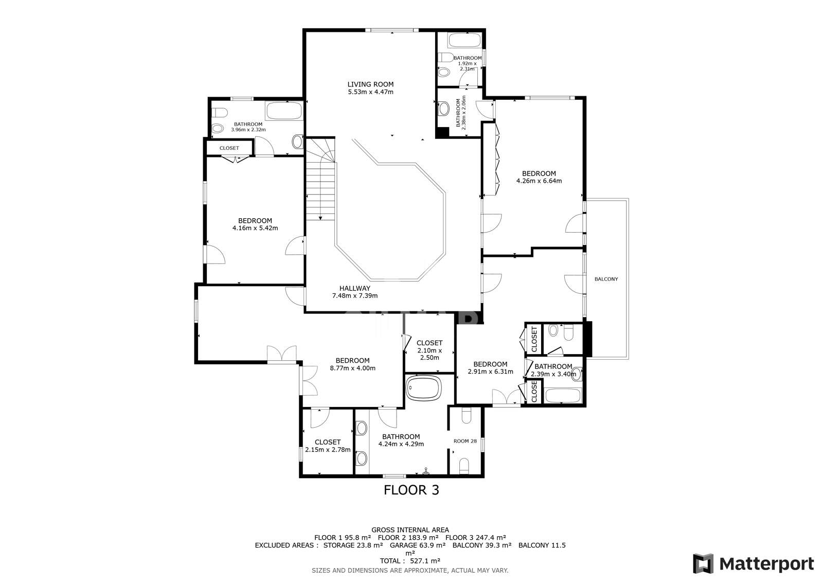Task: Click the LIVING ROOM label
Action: (x=370, y=84)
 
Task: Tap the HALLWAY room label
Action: (x=354, y=288)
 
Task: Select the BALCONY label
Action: (x=606, y=279)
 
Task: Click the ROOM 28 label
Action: (x=465, y=441)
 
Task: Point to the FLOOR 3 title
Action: (x=411, y=490)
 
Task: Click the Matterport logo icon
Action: (x=703, y=563)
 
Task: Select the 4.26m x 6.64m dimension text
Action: (x=539, y=181)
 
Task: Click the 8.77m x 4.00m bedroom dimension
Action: (x=352, y=368)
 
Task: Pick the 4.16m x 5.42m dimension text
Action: (x=255, y=228)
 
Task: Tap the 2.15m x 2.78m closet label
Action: (x=328, y=449)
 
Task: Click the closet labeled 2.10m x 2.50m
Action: (x=429, y=350)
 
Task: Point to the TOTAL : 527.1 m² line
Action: (x=410, y=561)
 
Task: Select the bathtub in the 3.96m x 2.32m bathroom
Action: (x=283, y=111)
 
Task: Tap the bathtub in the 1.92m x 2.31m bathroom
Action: (x=464, y=40)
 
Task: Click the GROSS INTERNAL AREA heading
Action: (x=410, y=530)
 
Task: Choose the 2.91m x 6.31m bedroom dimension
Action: (x=490, y=371)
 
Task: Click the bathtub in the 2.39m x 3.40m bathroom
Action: (x=563, y=396)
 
